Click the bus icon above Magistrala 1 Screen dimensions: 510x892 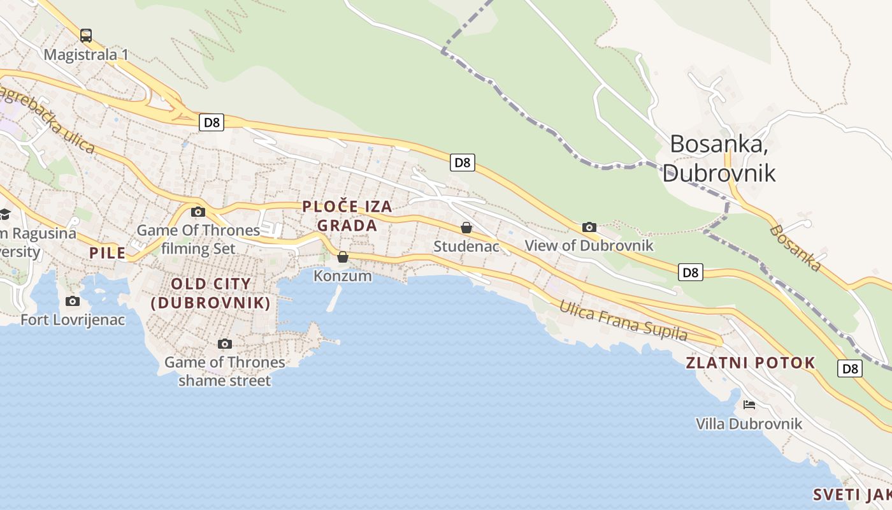tap(86, 36)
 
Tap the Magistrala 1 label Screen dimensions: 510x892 tap(86, 55)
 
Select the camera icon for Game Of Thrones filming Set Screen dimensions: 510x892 tap(198, 212)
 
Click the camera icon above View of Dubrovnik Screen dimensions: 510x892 tap(589, 227)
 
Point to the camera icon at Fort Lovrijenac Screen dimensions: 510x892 tap(73, 301)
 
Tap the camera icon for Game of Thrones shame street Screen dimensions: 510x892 tap(224, 344)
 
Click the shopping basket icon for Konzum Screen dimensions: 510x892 tap(343, 257)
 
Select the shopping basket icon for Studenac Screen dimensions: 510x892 tap(466, 228)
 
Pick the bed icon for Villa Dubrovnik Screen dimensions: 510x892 tap(749, 405)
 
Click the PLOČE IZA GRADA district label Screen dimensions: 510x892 tap(347, 216)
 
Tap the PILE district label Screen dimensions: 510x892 tap(107, 253)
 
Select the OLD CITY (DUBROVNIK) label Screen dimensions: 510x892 tap(211, 293)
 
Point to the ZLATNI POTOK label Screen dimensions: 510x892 tap(750, 363)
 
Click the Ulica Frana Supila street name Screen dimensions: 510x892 tap(623, 321)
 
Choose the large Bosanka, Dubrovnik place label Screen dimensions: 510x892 tap(719, 159)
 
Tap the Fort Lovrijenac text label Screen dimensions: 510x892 tap(73, 319)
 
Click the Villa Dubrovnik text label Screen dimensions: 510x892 tap(749, 424)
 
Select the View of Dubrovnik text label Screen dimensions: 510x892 tap(589, 245)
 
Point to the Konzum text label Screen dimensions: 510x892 tap(343, 276)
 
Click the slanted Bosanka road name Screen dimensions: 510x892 tap(796, 249)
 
